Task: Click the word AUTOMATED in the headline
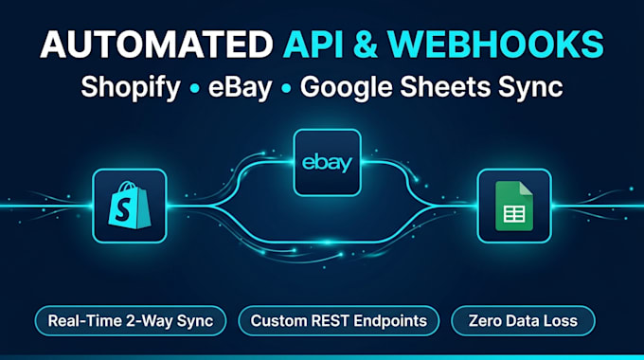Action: click(x=156, y=44)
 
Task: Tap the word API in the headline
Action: click(x=313, y=44)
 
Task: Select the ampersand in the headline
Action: click(x=366, y=44)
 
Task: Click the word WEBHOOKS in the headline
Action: click(x=495, y=44)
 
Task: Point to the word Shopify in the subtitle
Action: click(x=131, y=88)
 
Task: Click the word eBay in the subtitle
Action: click(x=241, y=87)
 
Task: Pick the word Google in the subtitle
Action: click(x=346, y=88)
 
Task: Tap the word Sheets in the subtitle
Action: click(x=445, y=87)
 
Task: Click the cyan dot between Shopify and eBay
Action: click(x=195, y=88)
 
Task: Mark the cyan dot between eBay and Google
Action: click(x=286, y=88)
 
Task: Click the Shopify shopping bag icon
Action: click(x=130, y=205)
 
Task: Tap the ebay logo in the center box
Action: click(x=328, y=163)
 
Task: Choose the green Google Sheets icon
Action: click(x=514, y=206)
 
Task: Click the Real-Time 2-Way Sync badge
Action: click(x=131, y=321)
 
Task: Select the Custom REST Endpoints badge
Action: click(x=339, y=321)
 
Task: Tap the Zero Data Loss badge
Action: click(x=523, y=321)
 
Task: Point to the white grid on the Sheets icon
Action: click(x=514, y=214)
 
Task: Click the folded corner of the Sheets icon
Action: click(x=527, y=189)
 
